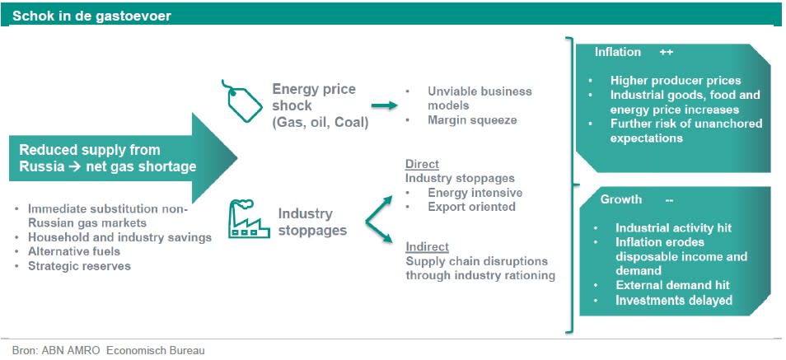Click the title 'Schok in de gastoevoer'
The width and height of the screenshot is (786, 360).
coord(91,16)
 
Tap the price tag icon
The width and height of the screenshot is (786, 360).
coord(241,101)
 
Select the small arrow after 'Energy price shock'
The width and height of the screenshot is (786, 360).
coord(385,105)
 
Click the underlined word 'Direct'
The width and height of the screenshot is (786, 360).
coord(422,164)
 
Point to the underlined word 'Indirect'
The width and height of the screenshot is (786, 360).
coord(427,246)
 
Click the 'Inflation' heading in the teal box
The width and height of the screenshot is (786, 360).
coord(618,52)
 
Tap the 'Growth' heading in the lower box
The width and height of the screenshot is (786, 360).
coord(620,199)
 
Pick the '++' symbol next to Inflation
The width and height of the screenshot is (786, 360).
coord(667,52)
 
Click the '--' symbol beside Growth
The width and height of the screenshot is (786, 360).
coord(669,200)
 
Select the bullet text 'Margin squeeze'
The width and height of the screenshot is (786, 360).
coord(472,120)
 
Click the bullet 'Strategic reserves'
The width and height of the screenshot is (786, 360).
coord(79,266)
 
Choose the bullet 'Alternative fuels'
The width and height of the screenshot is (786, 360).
coord(74,251)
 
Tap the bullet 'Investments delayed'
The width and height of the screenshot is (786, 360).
coord(674,301)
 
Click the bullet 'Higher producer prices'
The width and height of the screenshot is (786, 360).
coord(676,81)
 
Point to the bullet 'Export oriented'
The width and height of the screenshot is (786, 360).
coord(471,207)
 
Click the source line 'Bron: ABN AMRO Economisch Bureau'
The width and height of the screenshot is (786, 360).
coord(108,350)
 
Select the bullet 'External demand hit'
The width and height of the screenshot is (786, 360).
coord(672,285)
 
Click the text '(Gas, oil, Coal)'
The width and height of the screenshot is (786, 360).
coord(320,123)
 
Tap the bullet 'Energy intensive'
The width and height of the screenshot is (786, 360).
coord(475,193)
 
